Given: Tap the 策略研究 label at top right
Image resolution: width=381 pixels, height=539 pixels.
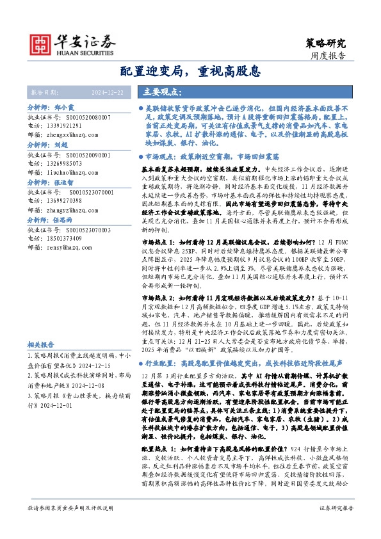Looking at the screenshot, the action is pyautogui.click(x=325, y=44).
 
